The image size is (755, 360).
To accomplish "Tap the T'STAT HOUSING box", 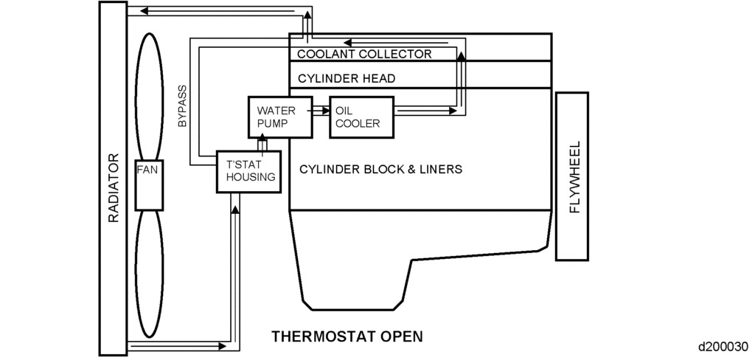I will [x=249, y=171].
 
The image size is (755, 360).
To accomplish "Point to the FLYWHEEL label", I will [x=576, y=177].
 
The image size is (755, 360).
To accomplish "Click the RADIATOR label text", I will [x=114, y=187].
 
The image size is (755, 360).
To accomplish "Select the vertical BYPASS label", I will [x=182, y=105].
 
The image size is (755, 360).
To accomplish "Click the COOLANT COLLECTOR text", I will [x=364, y=54].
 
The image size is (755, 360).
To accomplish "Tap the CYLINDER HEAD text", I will [x=347, y=78].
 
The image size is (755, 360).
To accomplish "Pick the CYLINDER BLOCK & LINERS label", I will [x=380, y=169].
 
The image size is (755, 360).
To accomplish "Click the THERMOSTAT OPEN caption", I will [x=347, y=336].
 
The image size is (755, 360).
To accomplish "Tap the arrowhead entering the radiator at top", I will [x=145, y=10].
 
